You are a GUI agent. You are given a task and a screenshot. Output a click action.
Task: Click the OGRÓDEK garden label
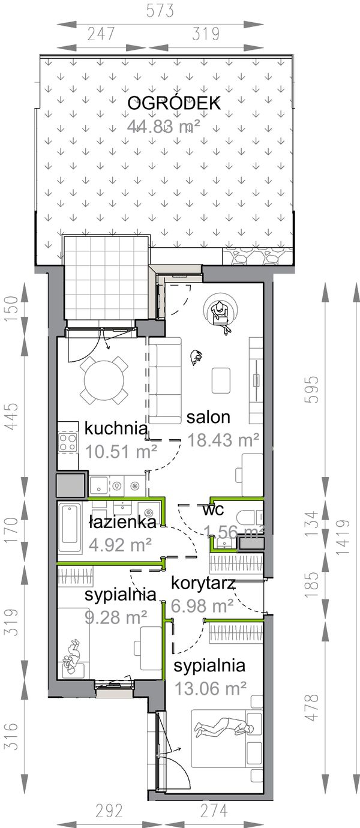[x=174, y=103]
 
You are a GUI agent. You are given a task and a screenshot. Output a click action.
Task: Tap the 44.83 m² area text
[x=163, y=126]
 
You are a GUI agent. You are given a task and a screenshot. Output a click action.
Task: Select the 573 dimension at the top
[x=160, y=10]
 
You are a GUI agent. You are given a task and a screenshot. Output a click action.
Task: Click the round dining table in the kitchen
[x=104, y=380]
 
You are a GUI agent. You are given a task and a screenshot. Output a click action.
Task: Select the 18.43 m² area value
[x=223, y=440]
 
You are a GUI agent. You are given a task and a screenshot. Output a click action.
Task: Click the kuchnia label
[x=116, y=428]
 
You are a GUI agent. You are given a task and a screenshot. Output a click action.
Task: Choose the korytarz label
[x=202, y=583]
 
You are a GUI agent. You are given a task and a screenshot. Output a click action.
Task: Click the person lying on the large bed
[x=224, y=727]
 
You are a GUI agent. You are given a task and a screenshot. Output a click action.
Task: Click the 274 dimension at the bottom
[x=213, y=811]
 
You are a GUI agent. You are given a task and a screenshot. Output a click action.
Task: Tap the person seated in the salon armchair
[x=220, y=311]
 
